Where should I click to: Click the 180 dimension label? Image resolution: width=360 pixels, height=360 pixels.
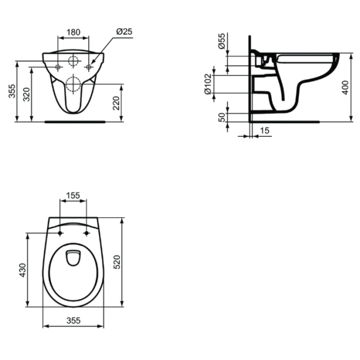click(73, 32)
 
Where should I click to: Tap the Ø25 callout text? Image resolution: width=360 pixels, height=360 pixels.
click(124, 31)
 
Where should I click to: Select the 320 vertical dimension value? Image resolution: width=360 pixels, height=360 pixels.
click(26, 94)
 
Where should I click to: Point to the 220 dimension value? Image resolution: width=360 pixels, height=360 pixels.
click(116, 103)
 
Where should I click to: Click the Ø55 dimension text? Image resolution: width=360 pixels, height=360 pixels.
click(222, 41)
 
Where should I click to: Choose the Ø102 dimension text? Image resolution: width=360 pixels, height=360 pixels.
click(208, 84)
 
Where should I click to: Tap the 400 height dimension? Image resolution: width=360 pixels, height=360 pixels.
click(345, 88)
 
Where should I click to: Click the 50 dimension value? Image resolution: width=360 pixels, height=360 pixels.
click(222, 118)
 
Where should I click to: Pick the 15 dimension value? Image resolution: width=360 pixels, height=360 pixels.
click(265, 131)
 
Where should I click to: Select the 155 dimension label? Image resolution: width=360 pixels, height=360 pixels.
click(73, 196)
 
